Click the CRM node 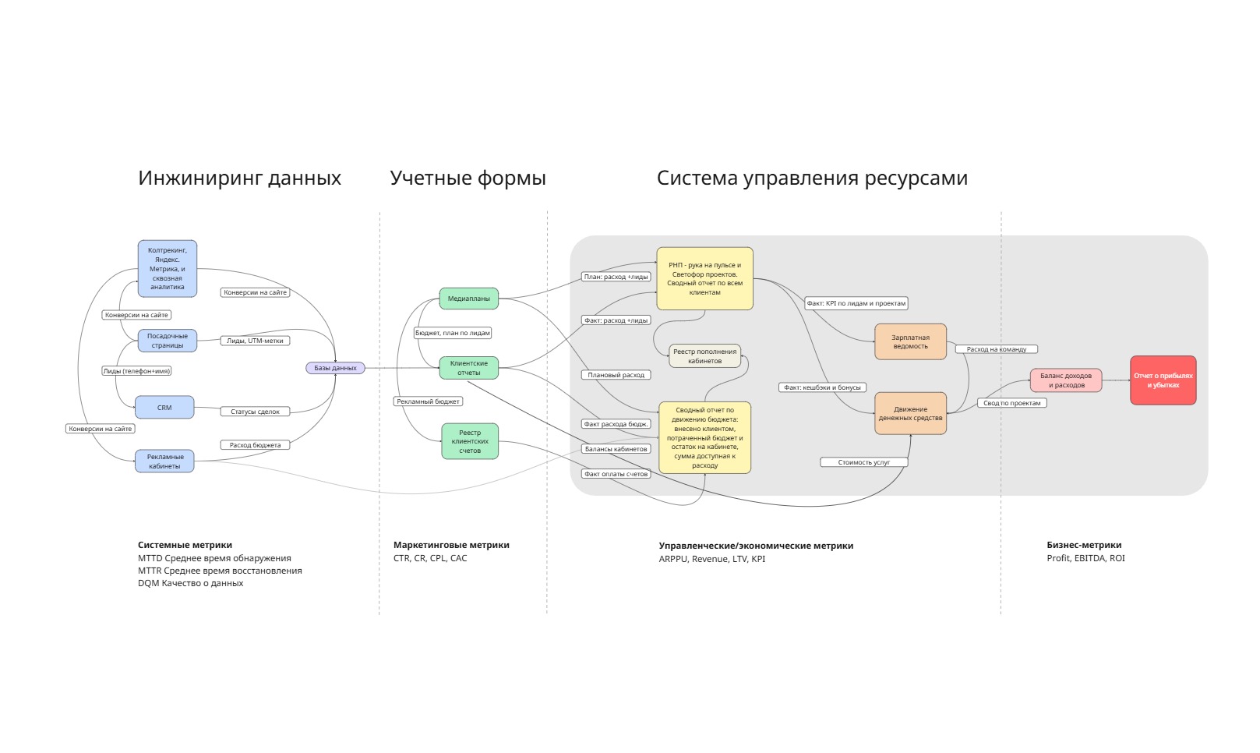[164, 408]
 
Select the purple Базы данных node [335, 368]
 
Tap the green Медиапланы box [469, 299]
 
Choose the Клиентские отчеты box [469, 368]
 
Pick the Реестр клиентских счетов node [470, 441]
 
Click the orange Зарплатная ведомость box [910, 342]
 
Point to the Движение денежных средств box [910, 413]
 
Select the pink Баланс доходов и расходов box [1066, 380]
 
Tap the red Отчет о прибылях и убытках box [1163, 380]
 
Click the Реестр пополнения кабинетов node [704, 356]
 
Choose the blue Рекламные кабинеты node [164, 461]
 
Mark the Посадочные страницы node [168, 341]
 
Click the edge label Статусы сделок [255, 412]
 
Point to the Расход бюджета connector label [255, 445]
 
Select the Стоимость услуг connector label [863, 462]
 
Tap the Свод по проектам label [1011, 403]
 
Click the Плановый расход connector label [616, 375]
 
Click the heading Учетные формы [468, 179]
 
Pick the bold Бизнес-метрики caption [1084, 545]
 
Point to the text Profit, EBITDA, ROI [1085, 558]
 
